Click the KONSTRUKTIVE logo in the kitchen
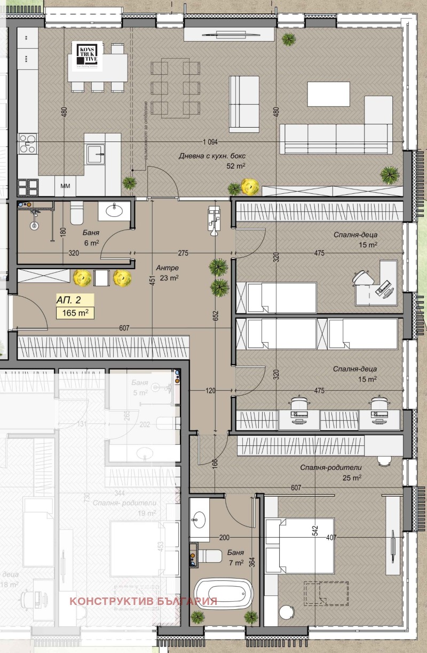click(88, 55)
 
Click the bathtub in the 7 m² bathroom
click(223, 593)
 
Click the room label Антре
click(167, 268)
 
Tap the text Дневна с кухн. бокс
click(211, 156)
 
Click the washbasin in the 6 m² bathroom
click(115, 210)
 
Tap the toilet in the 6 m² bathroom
click(76, 213)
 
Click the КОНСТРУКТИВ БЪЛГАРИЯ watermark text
click(143, 601)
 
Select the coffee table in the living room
click(328, 95)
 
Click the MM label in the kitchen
click(66, 186)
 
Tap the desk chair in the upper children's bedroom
click(362, 278)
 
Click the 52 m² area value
click(236, 166)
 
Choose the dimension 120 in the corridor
click(210, 391)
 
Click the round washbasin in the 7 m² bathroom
click(200, 517)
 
